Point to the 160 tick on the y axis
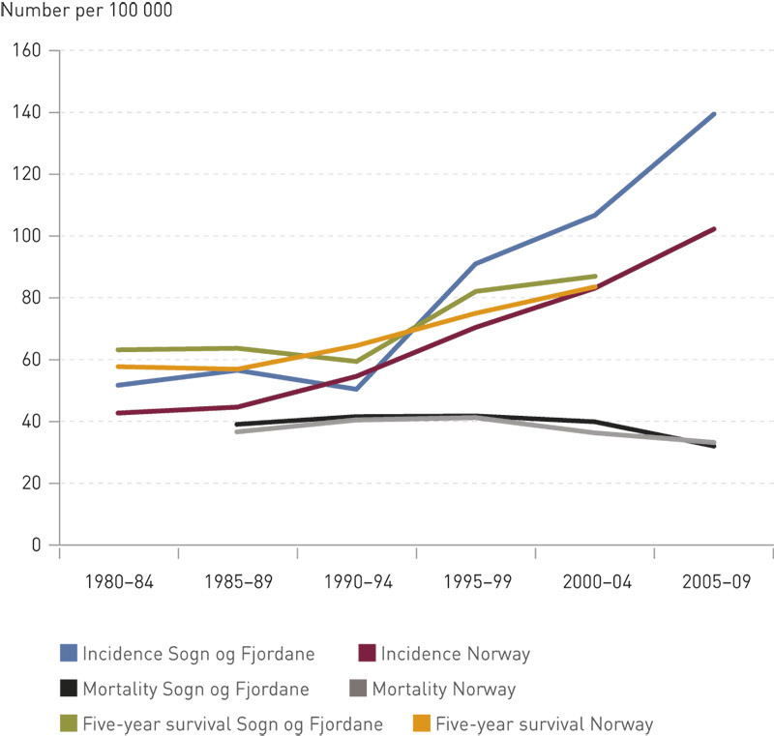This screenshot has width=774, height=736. pyautogui.click(x=38, y=50)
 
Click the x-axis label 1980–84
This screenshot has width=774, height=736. pyautogui.click(x=118, y=584)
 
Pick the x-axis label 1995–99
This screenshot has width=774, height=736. pyautogui.click(x=475, y=584)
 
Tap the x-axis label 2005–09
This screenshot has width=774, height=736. pyautogui.click(x=713, y=584)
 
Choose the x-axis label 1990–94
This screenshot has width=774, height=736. pyautogui.click(x=356, y=584)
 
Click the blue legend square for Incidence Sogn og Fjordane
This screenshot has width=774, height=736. pyautogui.click(x=68, y=655)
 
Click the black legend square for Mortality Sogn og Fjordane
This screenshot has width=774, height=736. pyautogui.click(x=68, y=690)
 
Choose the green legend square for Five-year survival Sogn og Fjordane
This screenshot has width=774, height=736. pyautogui.click(x=68, y=723)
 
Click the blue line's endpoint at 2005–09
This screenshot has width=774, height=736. pyautogui.click(x=714, y=114)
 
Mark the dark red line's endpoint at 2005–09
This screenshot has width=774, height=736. pyautogui.click(x=714, y=229)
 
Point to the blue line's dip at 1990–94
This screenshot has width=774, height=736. pyautogui.click(x=357, y=389)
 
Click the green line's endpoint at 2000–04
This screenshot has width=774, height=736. pyautogui.click(x=595, y=277)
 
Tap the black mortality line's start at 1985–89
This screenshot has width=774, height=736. pyautogui.click(x=238, y=425)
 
